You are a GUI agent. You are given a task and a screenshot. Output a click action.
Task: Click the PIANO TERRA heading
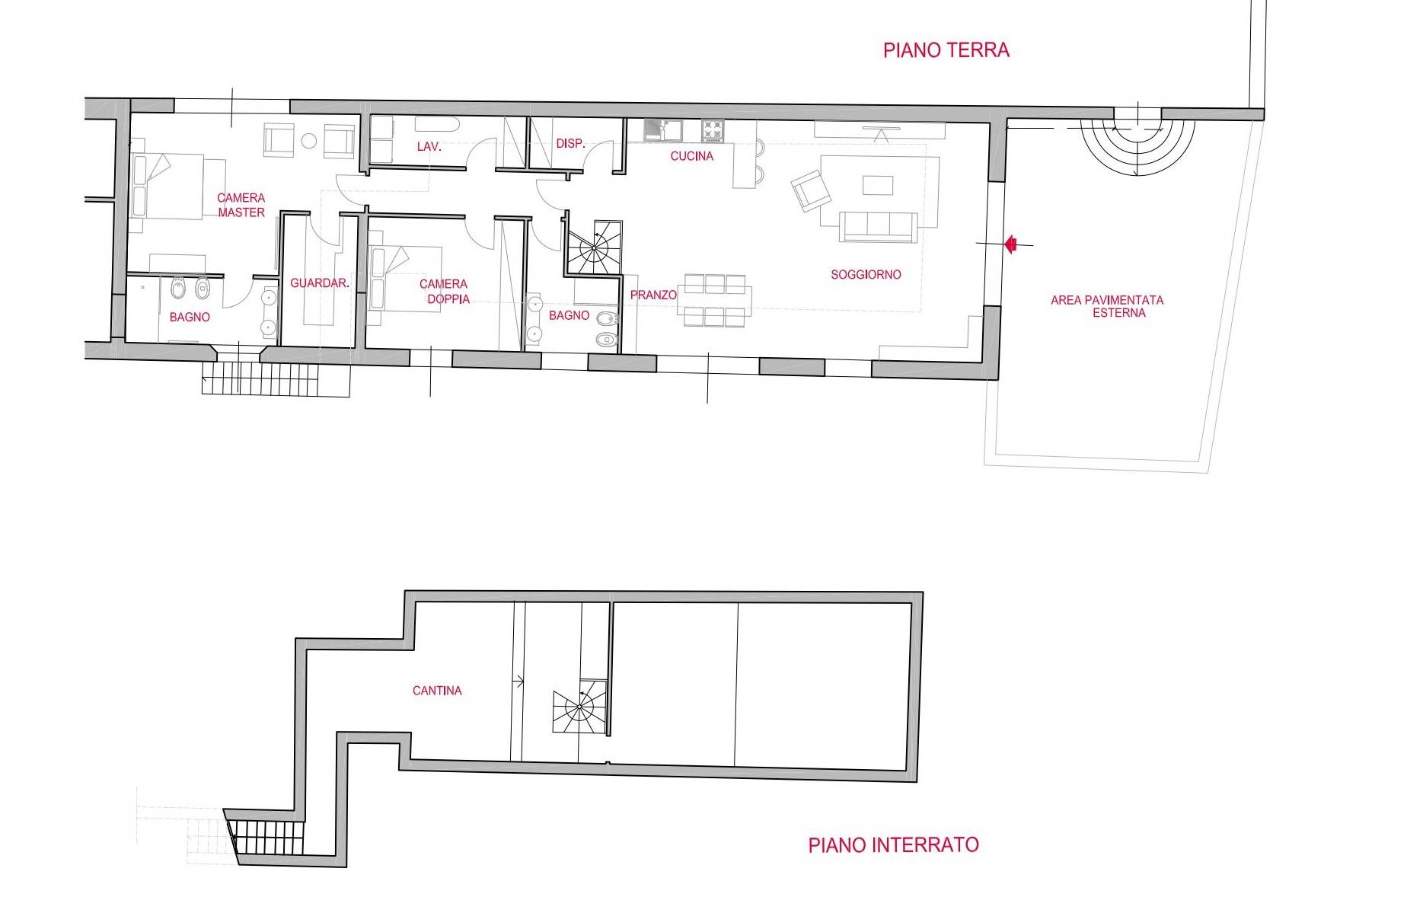946,50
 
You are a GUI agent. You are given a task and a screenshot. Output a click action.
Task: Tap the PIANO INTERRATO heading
893,844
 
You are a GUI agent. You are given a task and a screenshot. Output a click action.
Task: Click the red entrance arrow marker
1011,244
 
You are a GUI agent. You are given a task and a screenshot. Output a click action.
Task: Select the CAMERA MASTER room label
241,205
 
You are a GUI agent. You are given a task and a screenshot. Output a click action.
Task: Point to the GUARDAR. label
319,283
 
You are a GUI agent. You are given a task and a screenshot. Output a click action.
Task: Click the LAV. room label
429,146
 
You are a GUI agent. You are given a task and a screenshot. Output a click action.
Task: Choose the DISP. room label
569,143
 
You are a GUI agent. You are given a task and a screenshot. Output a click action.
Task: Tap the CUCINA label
691,156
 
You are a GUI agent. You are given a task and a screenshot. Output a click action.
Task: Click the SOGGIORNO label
866,274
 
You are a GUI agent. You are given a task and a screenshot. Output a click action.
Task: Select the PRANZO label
653,295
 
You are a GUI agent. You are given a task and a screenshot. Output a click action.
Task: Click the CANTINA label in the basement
437,691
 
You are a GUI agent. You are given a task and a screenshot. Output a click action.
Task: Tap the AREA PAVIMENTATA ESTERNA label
1107,306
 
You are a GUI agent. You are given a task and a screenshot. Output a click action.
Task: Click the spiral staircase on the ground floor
594,247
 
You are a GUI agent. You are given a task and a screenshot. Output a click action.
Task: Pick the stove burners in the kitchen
712,130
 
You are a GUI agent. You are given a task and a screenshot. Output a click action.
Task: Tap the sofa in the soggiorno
878,225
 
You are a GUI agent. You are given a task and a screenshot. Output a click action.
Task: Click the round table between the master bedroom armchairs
308,141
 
